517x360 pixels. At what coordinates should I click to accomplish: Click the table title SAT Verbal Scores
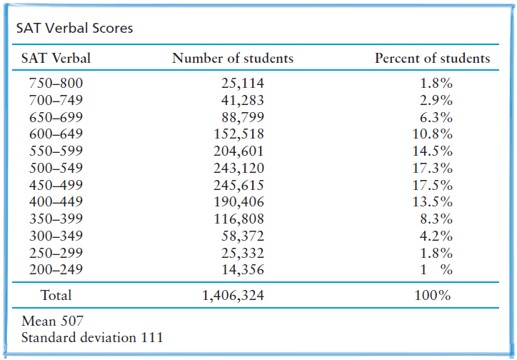tap(74, 29)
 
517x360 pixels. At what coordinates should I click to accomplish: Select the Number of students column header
tap(232, 59)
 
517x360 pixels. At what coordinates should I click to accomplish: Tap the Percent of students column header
tap(432, 59)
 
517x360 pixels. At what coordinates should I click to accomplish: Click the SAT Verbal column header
tap(56, 59)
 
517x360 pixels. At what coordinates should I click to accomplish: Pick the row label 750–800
tap(56, 83)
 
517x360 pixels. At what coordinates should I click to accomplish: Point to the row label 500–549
tap(56, 169)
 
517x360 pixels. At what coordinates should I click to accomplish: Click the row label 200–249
tap(56, 270)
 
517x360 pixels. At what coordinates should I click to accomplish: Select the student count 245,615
tap(239, 185)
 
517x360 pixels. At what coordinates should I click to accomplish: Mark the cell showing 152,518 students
tap(239, 134)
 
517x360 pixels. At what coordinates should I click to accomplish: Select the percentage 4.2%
tap(438, 236)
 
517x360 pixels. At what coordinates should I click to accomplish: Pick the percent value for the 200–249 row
tap(436, 270)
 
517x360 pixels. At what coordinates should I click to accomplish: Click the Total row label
tap(56, 294)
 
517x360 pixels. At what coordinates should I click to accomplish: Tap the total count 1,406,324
tap(232, 294)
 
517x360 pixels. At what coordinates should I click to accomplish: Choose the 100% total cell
tap(433, 294)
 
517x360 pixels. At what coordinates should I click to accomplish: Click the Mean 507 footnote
tap(52, 321)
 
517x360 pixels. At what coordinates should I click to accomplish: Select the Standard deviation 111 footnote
tap(92, 336)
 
